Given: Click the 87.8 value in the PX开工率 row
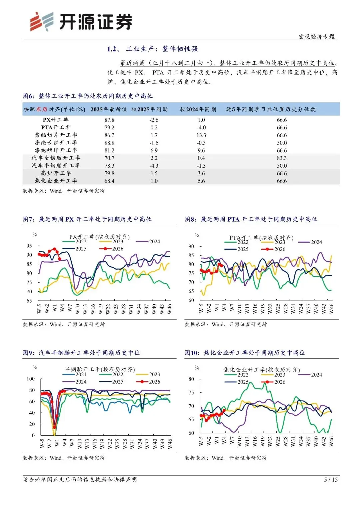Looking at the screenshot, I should click(109, 120).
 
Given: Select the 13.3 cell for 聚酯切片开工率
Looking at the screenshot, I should click(201, 135).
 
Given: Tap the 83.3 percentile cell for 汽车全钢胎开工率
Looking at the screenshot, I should click(282, 158).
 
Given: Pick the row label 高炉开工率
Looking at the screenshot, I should click(56, 173).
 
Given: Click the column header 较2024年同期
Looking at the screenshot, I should click(198, 109).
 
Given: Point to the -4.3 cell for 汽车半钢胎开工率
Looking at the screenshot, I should click(154, 166).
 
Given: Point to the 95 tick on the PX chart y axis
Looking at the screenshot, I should click(29, 246).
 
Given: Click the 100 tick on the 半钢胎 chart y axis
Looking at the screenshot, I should click(30, 379).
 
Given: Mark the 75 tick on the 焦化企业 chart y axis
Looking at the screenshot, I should click(191, 393).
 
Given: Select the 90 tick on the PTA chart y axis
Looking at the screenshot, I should click(191, 246).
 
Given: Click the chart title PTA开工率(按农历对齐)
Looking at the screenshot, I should click(261, 237).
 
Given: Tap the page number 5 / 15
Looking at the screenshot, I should click(331, 479).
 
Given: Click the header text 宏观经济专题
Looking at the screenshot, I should click(316, 36).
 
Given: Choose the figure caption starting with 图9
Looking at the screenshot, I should click(81, 353).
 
